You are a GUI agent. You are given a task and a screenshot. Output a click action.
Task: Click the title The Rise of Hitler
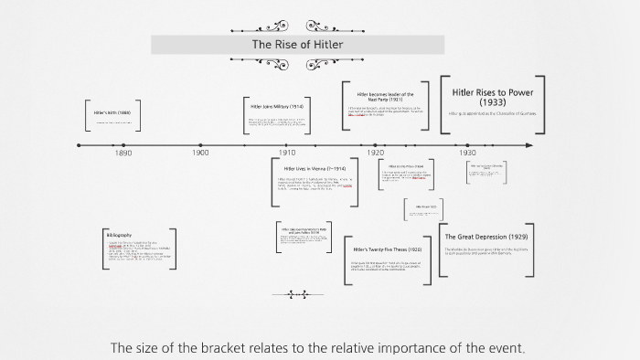297,44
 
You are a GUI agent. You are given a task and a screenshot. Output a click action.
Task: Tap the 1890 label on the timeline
123,154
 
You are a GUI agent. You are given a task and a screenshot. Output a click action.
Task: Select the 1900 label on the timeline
200,154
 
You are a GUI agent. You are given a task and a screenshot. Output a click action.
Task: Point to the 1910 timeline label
287,154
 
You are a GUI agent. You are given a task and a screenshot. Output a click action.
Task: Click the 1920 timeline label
376,154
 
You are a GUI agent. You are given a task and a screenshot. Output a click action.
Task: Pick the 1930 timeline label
467,154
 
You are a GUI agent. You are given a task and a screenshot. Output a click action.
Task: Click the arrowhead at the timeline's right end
529,145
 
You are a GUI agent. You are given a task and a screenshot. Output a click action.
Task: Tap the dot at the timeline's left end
80,145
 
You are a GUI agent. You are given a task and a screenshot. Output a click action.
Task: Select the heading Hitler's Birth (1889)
112,112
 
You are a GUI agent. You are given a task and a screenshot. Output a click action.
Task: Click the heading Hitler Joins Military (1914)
277,106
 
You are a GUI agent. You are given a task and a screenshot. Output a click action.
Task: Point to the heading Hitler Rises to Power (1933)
492,97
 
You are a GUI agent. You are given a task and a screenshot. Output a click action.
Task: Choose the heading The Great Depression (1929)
486,237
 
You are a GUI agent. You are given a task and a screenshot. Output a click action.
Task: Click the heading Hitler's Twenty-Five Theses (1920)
388,249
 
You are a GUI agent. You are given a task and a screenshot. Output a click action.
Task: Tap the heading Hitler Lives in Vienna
315,169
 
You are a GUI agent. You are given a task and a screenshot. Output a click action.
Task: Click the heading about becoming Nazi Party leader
385,96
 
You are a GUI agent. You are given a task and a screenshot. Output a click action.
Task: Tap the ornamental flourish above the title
297,26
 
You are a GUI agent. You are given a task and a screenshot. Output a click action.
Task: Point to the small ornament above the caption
297,294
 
